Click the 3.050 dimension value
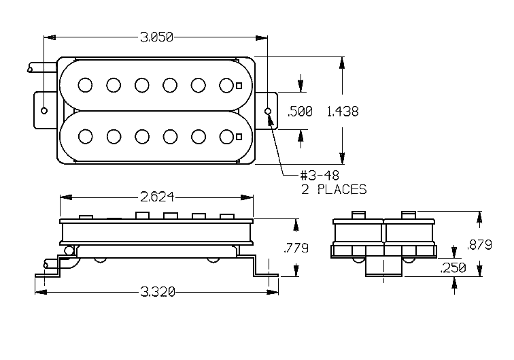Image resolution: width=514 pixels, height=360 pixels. (156, 37)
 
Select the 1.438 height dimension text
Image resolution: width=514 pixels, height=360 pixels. (343, 112)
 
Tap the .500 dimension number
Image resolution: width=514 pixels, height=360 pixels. (300, 112)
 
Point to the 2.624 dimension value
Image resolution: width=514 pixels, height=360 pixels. (157, 197)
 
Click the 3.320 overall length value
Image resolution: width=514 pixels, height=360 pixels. (158, 291)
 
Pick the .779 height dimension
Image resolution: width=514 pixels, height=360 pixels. (296, 248)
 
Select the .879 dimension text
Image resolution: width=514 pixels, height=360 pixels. (479, 245)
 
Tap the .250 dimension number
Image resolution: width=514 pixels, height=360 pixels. (453, 267)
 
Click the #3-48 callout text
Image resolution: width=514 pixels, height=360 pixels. (320, 176)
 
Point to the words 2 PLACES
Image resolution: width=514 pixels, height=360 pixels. (334, 190)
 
